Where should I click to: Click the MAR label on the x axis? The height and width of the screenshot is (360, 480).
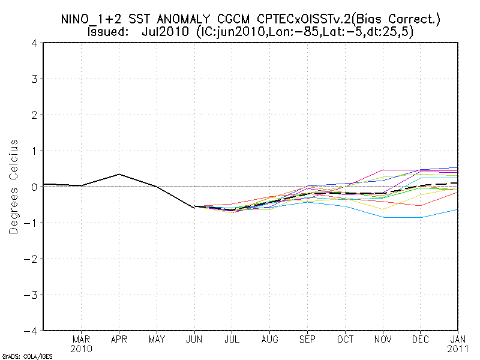click(x=81, y=339)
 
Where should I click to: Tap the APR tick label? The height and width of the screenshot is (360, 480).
click(x=119, y=339)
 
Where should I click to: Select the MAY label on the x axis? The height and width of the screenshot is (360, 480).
click(x=157, y=339)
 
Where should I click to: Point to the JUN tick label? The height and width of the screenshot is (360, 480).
click(x=194, y=339)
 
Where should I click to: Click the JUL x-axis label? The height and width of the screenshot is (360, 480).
click(x=232, y=339)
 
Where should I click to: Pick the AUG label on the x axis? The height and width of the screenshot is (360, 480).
click(x=270, y=339)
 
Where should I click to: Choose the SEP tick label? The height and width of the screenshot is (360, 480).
click(x=308, y=339)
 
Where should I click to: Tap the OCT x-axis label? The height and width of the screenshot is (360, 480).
click(x=346, y=339)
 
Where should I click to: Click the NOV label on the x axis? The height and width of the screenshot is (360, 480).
click(x=383, y=339)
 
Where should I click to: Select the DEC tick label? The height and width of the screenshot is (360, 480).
click(x=421, y=339)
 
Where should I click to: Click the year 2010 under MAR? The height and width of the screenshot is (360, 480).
click(x=81, y=348)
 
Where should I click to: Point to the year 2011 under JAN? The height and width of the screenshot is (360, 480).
click(x=458, y=348)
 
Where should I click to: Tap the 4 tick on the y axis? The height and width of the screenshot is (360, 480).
click(x=36, y=43)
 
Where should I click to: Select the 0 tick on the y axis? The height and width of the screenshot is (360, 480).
click(x=36, y=187)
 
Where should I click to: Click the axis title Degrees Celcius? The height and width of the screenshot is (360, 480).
click(x=13, y=187)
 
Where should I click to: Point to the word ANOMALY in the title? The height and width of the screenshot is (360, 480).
click(x=183, y=19)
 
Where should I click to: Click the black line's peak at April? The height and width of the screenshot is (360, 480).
click(x=119, y=174)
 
